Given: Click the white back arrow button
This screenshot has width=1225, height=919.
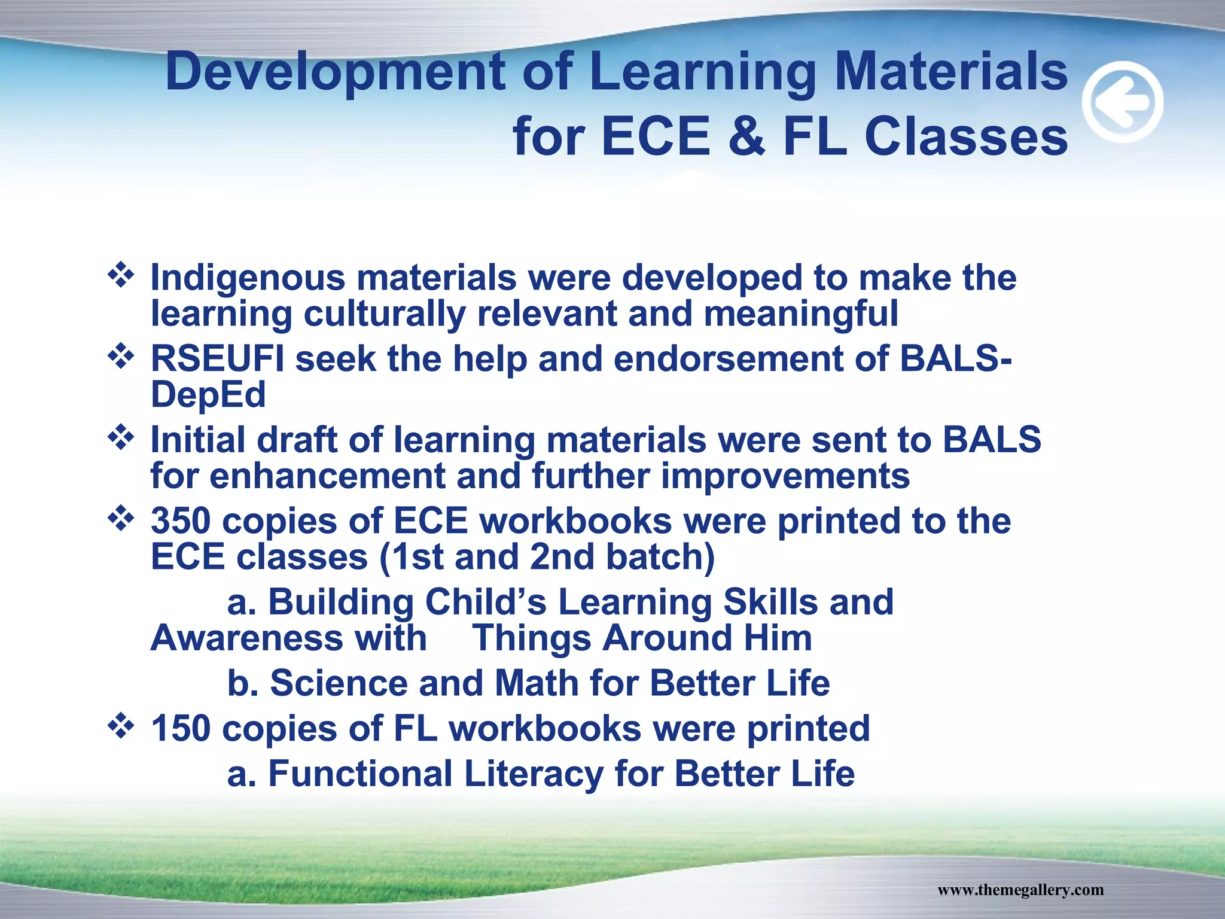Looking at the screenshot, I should point(1123,102).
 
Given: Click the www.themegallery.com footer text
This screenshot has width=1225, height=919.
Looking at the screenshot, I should point(1020,890).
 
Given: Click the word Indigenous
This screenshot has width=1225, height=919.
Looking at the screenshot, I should point(248,278).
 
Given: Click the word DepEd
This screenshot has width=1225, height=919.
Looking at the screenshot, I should point(208,395).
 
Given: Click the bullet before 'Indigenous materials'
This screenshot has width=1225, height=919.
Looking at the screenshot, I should point(121,275).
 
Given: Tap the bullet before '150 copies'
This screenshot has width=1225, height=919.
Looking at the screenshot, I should point(121,726).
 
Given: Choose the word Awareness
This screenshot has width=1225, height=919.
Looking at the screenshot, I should point(246,638).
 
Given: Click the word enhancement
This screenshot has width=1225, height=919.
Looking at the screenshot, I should point(327,476).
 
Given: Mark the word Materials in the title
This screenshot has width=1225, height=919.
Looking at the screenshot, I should point(951,72).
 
